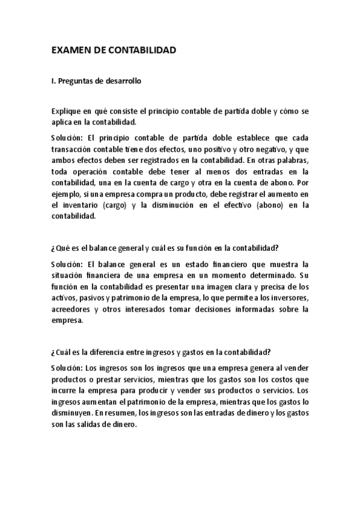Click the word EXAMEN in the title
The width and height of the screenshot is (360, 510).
point(69,51)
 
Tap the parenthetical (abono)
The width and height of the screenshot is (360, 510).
point(260,206)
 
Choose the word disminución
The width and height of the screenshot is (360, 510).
point(165,206)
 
